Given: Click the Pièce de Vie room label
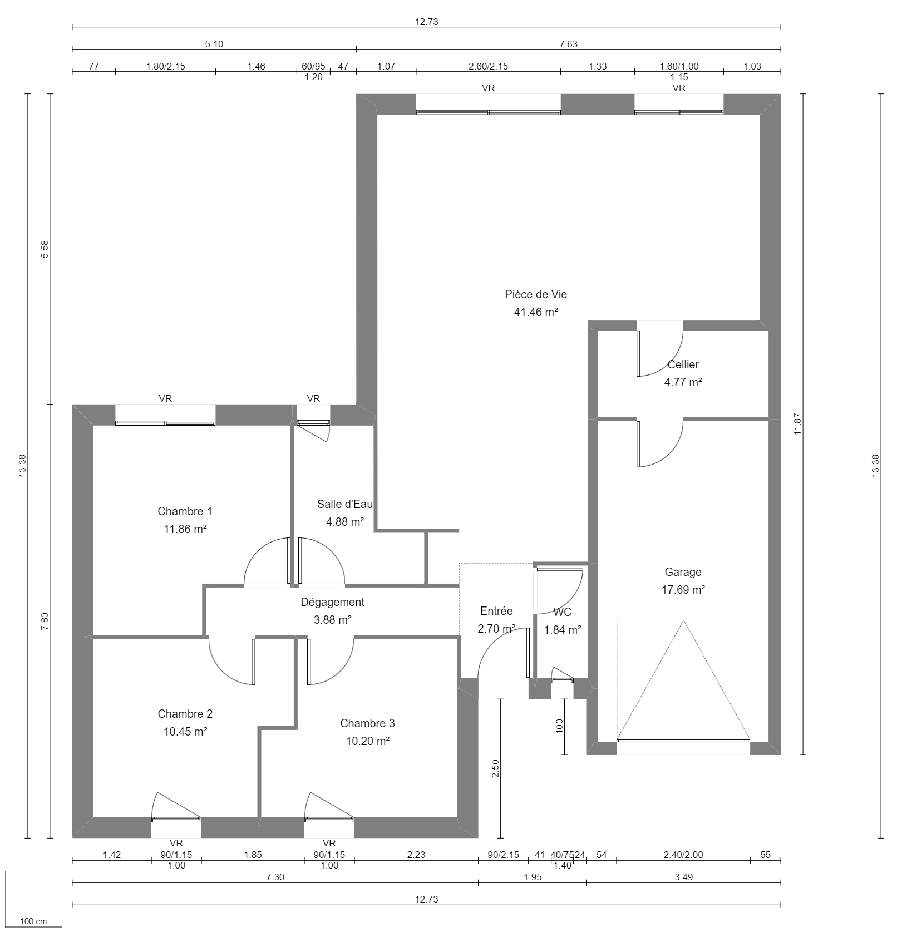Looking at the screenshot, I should click(x=536, y=294).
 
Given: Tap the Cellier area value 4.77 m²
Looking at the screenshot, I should click(x=683, y=382).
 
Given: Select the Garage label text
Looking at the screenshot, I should click(x=683, y=572).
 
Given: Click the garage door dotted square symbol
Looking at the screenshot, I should click(x=683, y=680).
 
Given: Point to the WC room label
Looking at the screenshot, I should click(x=562, y=613).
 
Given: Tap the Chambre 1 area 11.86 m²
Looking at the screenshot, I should click(x=185, y=529).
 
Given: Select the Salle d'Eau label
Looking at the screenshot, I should click(x=344, y=504).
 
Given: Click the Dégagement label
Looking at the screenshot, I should click(x=332, y=602).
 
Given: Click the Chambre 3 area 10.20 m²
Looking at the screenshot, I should click(x=367, y=741).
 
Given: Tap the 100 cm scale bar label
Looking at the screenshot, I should click(x=33, y=921).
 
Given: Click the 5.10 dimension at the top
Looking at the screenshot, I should click(x=214, y=45).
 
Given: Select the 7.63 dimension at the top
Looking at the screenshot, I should click(x=568, y=45).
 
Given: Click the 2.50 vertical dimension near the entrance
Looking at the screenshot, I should click(x=496, y=768).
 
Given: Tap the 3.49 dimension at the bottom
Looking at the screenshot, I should click(x=683, y=877).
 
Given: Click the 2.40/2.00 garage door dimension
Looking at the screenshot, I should click(x=683, y=855).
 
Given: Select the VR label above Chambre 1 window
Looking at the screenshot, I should click(x=165, y=398).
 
